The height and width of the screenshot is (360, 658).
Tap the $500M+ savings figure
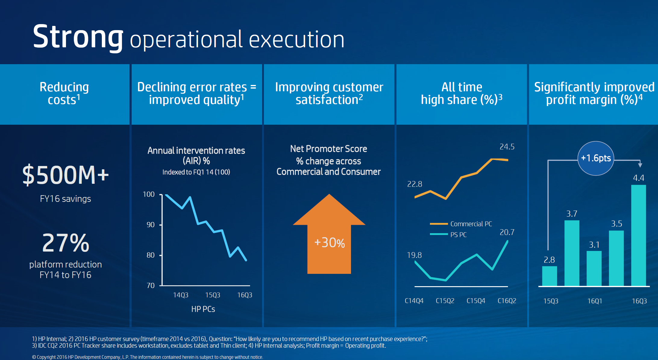tap(65, 175)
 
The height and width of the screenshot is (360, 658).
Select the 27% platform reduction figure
tap(66, 243)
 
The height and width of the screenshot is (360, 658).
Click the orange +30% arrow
tap(329, 238)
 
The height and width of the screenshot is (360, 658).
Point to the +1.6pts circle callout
tap(596, 158)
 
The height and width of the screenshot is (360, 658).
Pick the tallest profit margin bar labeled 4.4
tap(638, 235)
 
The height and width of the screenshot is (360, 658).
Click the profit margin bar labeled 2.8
tap(549, 276)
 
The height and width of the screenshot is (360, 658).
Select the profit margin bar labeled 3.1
tap(594, 268)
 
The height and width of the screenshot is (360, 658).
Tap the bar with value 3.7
tap(572, 253)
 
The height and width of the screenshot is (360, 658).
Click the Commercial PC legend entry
tap(461, 224)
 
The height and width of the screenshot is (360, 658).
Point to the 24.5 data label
tap(507, 147)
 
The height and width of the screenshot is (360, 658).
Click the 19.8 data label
tap(414, 255)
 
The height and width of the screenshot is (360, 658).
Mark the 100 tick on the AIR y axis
tap(149, 194)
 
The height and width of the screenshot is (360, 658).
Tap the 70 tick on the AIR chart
tap(150, 286)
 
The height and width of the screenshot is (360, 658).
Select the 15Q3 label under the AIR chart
tap(212, 295)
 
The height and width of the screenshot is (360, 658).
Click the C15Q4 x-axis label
tap(476, 301)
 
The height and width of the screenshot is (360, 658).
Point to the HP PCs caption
tap(203, 309)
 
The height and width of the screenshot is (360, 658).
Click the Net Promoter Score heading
tap(328, 149)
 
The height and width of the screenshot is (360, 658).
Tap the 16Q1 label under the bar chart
tap(594, 301)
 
